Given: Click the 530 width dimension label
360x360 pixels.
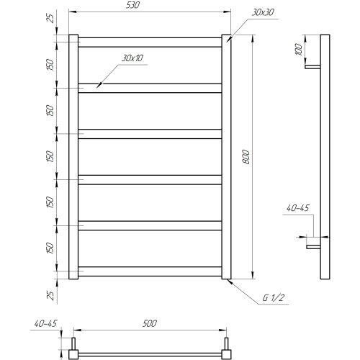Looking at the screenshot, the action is pyautogui.click(x=132, y=5).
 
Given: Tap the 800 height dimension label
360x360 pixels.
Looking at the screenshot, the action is pyautogui.click(x=246, y=157).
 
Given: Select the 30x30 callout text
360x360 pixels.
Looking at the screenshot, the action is pyautogui.click(x=263, y=12).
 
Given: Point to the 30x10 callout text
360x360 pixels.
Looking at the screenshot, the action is pyautogui.click(x=132, y=58).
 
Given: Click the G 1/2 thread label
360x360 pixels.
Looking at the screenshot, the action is pyautogui.click(x=273, y=298).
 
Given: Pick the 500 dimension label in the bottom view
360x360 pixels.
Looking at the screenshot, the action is pyautogui.click(x=150, y=323).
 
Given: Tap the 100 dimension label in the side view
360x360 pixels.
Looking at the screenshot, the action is pyautogui.click(x=299, y=50).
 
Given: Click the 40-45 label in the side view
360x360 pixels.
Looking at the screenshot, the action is pyautogui.click(x=298, y=208).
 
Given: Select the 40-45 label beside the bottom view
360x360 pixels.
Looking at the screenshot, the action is pyautogui.click(x=45, y=323).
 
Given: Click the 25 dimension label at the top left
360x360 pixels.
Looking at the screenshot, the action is pyautogui.click(x=50, y=18).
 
